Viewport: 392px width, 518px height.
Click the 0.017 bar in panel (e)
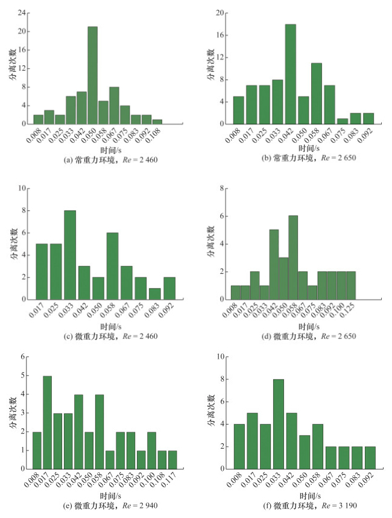(47, 422)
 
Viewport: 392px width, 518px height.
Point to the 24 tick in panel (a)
(22, 12)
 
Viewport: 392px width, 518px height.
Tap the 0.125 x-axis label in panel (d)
(347, 312)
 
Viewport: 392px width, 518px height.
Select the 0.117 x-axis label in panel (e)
(170, 482)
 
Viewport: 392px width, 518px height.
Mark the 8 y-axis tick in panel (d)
(223, 188)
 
